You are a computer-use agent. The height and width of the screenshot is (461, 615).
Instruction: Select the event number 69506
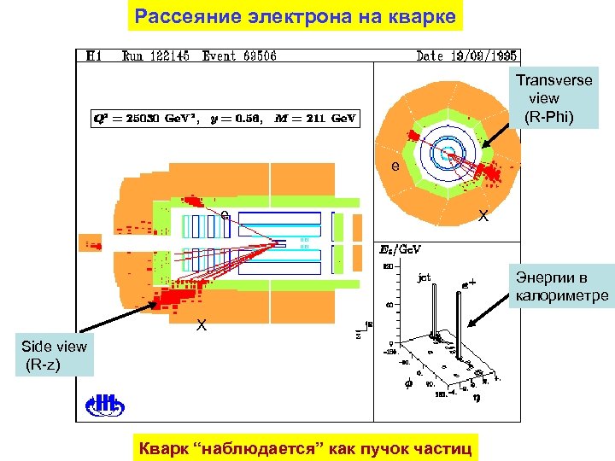255,56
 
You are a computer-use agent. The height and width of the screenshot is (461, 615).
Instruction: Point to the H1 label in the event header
94,56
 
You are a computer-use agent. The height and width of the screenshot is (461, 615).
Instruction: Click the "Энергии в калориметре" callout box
559,287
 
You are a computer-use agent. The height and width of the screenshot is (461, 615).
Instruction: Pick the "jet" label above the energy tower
424,277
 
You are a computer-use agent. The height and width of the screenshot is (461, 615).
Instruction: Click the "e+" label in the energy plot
469,279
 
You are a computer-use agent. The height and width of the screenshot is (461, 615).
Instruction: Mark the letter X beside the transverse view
483,217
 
